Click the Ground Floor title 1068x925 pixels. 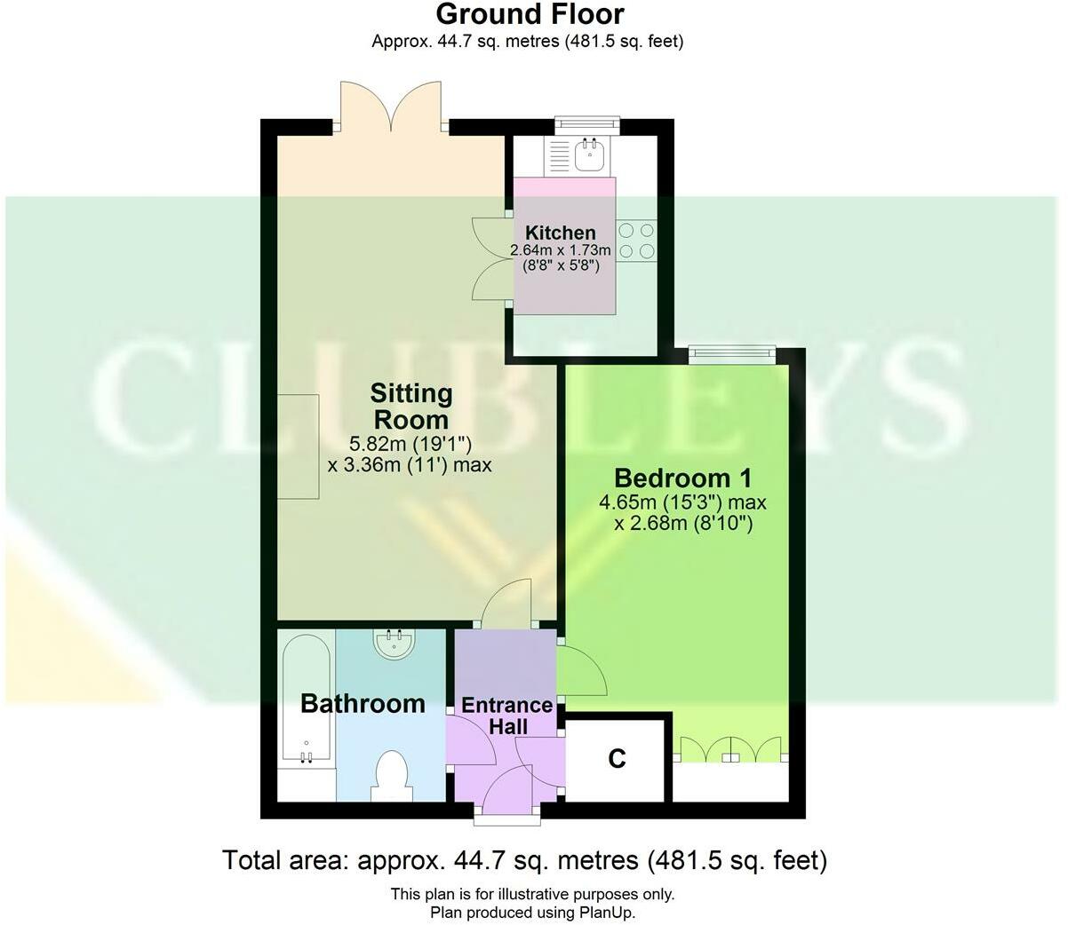click(530, 14)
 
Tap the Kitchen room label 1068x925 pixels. click(560, 233)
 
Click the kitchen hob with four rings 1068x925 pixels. click(636, 241)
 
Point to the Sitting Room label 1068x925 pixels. click(411, 405)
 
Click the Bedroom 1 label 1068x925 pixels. click(682, 478)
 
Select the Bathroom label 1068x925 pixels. click(363, 703)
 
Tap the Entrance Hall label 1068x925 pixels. click(507, 715)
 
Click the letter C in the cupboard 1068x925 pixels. click(617, 758)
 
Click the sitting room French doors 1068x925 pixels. click(391, 108)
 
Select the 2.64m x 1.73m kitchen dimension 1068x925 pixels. click(560, 251)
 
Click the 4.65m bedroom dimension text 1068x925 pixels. click(682, 502)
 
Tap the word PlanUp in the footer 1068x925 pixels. click(608, 912)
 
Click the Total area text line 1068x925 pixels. click(524, 859)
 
